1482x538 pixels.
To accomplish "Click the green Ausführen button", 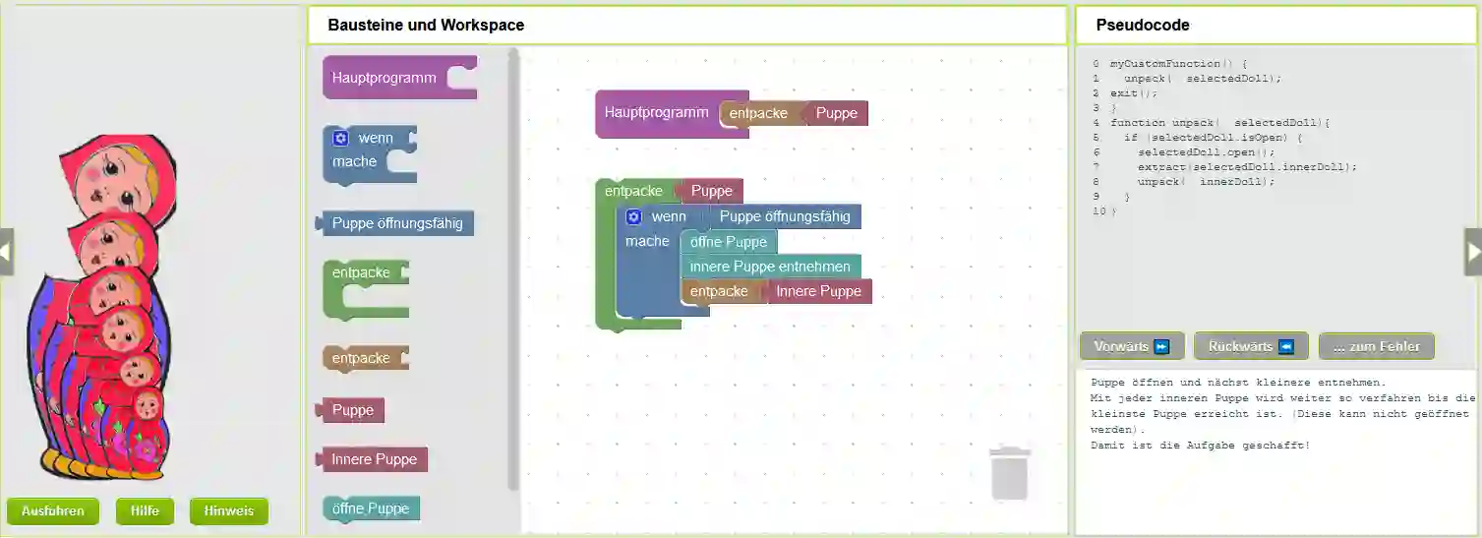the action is point(52,511).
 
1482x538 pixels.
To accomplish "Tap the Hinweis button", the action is point(228,511).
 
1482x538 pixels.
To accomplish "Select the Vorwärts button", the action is point(1132,346).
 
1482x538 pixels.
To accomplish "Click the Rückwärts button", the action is point(1251,346).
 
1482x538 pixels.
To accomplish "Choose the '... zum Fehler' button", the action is point(1376,346).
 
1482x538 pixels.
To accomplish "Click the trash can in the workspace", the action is point(1010,473).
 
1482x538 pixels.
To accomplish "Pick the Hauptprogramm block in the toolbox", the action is point(385,78).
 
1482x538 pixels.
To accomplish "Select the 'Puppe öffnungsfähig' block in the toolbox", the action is point(397,223).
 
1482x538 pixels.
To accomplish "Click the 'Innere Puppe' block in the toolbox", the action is point(374,459).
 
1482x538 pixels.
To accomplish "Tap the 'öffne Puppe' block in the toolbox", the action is point(370,508).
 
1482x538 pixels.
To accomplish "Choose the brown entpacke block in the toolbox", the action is point(361,358).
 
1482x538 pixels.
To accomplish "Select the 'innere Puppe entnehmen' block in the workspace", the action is point(770,267).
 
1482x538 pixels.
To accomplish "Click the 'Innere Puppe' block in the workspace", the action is point(818,291).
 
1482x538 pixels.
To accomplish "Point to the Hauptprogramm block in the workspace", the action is point(656,112).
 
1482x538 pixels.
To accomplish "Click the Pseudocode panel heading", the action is point(1143,26).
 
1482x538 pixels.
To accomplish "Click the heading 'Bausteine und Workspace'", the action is point(426,26).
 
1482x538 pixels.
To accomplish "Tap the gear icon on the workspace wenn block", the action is point(634,216).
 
